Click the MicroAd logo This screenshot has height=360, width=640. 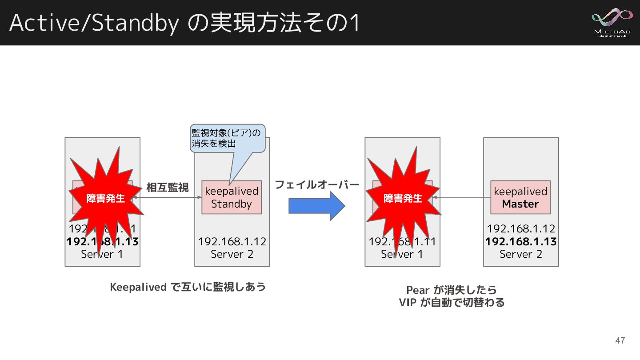[612, 22]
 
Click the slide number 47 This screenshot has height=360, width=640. [620, 341]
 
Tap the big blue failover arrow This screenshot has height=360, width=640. [317, 206]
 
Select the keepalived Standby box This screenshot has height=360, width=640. [231, 197]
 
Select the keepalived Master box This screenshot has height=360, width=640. [520, 197]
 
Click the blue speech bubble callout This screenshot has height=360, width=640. [227, 138]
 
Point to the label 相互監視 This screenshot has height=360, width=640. [168, 188]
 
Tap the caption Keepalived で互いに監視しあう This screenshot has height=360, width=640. [188, 287]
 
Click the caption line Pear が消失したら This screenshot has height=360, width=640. [452, 290]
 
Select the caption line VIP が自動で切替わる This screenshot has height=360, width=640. [452, 303]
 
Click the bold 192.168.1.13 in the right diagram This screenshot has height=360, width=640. [520, 241]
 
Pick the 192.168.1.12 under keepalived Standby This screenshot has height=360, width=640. [232, 241]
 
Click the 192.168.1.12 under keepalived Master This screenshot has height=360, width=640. [520, 229]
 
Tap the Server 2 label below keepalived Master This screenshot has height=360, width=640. [520, 254]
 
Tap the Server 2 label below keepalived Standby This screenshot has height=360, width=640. [232, 254]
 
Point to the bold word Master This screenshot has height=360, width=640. [520, 204]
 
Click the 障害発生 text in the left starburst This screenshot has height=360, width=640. [106, 199]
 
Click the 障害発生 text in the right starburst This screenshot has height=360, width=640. [403, 199]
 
